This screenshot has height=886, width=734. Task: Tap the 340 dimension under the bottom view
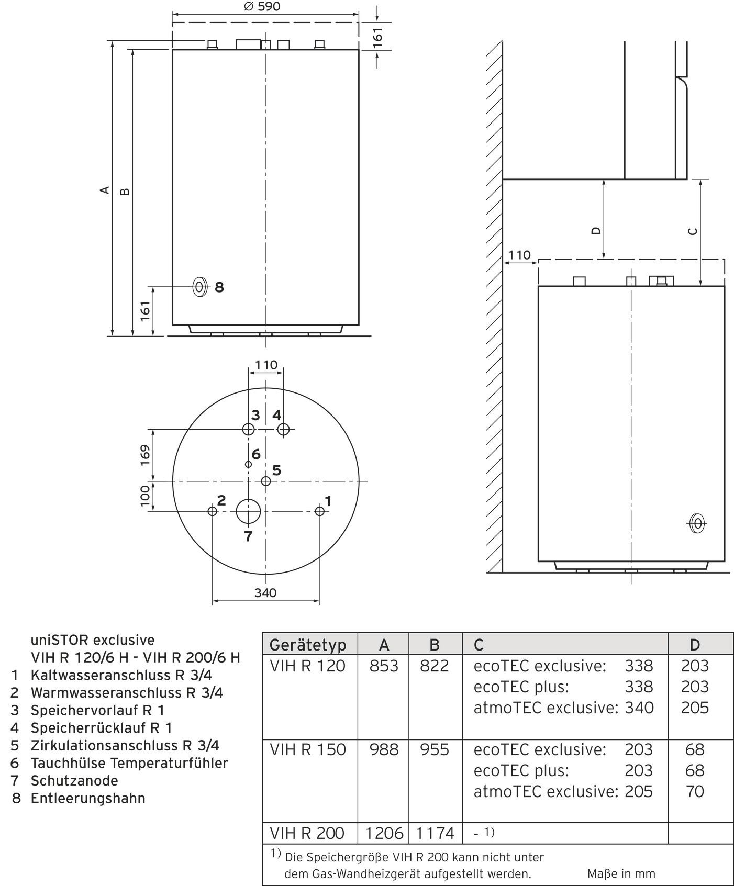point(265,593)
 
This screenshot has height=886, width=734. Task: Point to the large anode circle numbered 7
point(248,511)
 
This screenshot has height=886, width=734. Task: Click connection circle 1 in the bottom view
point(320,511)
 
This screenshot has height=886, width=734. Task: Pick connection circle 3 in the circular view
point(248,430)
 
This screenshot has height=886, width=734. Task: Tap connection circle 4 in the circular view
point(283,430)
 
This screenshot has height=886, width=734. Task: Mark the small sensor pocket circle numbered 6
point(248,464)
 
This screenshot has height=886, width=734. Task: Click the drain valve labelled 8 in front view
point(200,287)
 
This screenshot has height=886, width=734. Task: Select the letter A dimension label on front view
point(105,189)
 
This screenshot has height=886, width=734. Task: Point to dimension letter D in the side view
point(596,231)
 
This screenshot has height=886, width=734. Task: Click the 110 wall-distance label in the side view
point(519,255)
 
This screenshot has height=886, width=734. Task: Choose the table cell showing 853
point(384,666)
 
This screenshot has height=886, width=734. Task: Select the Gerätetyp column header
point(308,645)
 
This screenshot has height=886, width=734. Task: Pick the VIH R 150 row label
point(308,750)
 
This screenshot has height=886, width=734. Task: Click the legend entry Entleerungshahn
point(88,799)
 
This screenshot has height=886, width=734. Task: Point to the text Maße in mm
point(621,873)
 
